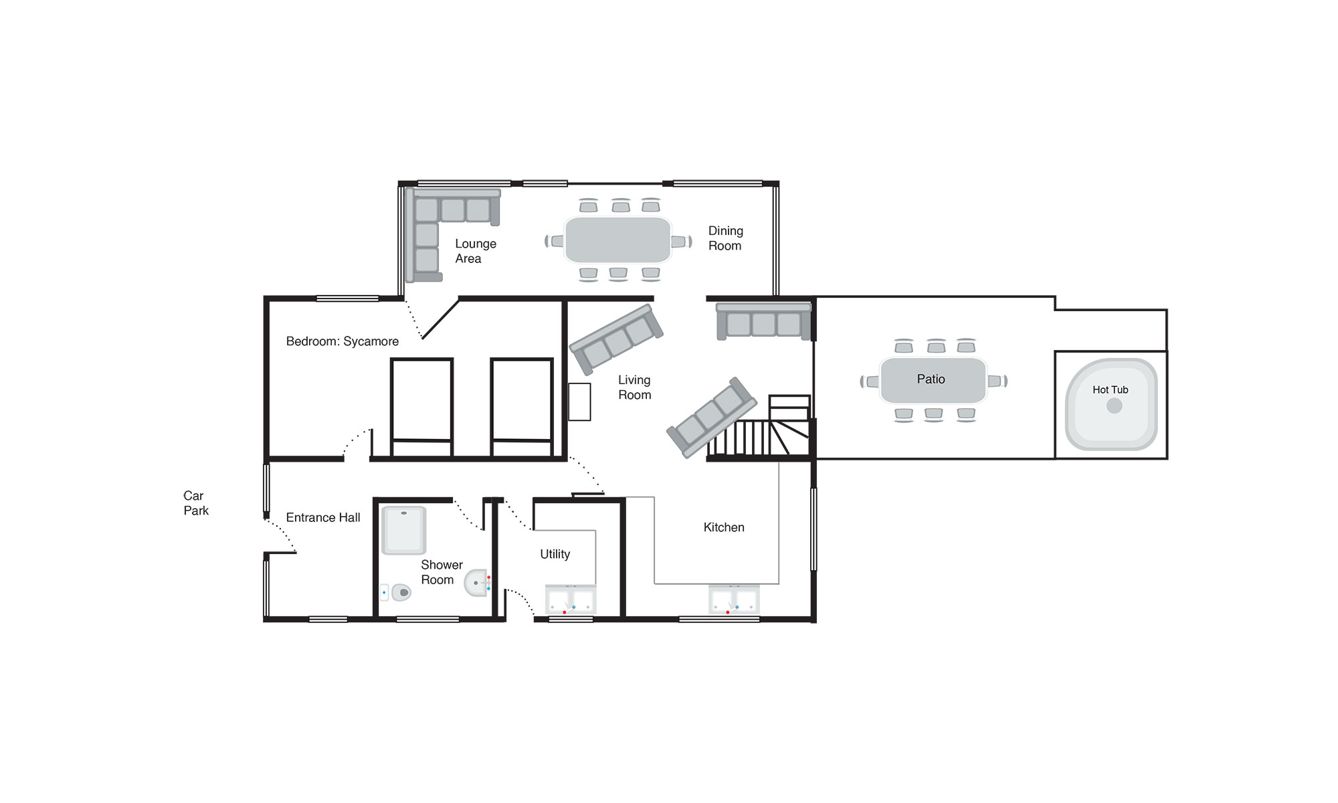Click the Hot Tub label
click(1110, 389)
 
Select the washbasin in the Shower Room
click(477, 583)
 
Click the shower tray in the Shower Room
click(403, 530)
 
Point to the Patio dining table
click(933, 380)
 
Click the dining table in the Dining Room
click(617, 240)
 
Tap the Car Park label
click(196, 503)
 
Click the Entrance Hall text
click(323, 517)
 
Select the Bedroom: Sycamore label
click(343, 341)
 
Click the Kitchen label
click(724, 527)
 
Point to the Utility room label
click(555, 554)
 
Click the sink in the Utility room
click(571, 600)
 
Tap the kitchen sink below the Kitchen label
click(734, 600)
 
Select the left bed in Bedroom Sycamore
click(421, 408)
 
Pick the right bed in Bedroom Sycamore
click(522, 408)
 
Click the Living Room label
click(634, 387)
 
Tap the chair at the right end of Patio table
click(997, 381)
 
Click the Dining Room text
click(725, 238)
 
